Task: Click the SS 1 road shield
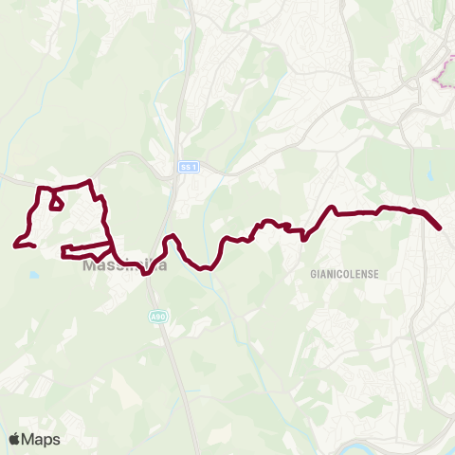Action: tap(189, 167)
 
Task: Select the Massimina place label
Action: tap(125, 266)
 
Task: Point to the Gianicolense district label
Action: tap(344, 273)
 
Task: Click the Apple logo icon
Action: tap(15, 439)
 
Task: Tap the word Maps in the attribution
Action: tap(42, 439)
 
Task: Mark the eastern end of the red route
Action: tap(441, 227)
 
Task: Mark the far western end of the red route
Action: tap(16, 246)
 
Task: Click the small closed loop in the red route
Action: tap(56, 202)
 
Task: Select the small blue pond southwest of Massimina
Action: tap(34, 275)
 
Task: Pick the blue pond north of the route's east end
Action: tap(430, 175)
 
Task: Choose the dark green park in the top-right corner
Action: tap(441, 14)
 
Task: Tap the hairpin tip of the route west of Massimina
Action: tap(64, 251)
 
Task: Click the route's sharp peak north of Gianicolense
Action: tap(332, 207)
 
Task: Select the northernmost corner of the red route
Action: tap(89, 181)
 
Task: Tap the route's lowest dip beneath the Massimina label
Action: tap(146, 274)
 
